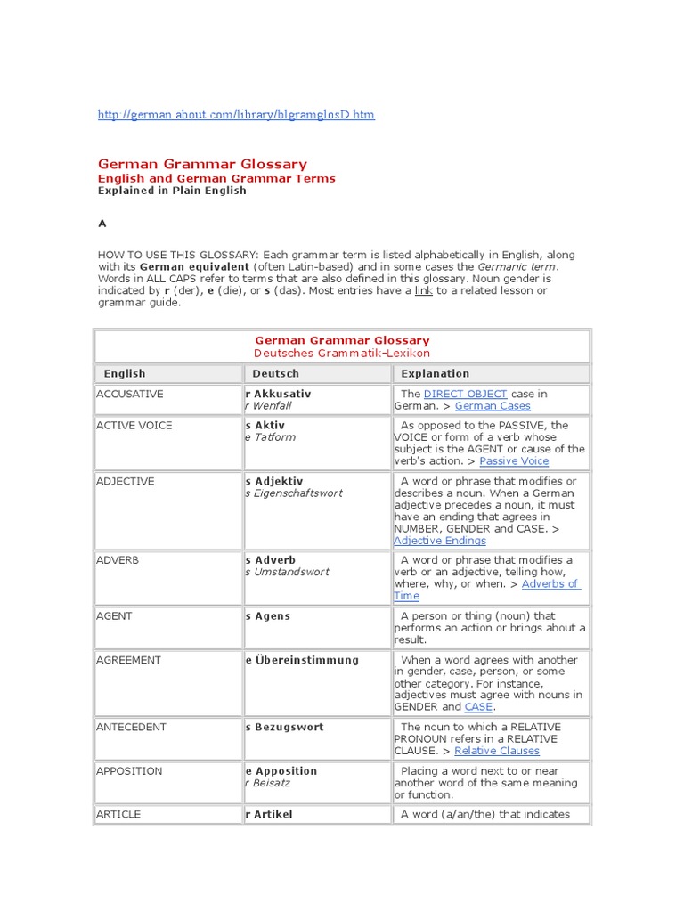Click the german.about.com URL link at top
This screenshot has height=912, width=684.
pos(236,115)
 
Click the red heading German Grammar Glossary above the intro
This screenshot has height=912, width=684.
pos(202,164)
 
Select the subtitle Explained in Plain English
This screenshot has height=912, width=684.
pos(172,191)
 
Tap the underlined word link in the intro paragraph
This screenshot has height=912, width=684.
pos(424,291)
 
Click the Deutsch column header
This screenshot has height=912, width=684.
pos(276,374)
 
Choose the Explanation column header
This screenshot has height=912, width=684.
pos(435,374)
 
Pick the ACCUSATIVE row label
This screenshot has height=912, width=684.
pos(130,394)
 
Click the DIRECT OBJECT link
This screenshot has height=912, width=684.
pos(466,394)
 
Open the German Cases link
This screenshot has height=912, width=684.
pos(493,406)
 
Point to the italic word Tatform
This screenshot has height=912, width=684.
pos(273,437)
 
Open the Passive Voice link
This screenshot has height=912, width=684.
pos(514,461)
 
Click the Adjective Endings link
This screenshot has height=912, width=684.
pos(440,541)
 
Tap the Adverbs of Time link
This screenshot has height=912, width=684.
pos(550,584)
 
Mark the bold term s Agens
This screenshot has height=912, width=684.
pos(267,616)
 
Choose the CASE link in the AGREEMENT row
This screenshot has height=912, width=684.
pos(478,707)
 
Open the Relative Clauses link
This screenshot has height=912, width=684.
pos(497,751)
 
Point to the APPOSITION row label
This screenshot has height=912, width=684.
pos(130,771)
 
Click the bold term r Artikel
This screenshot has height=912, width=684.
pos(268,814)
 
